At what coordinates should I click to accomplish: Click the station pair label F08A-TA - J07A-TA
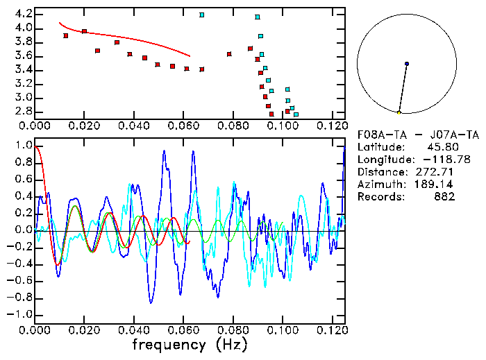[x=418, y=135]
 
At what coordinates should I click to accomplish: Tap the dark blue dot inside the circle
[x=407, y=64]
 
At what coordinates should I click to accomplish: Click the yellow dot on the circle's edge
[x=399, y=112]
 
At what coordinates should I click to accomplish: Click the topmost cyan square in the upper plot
[x=202, y=15]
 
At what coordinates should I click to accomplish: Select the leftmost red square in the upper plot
[x=66, y=35]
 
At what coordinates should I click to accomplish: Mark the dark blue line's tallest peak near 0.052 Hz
[x=165, y=151]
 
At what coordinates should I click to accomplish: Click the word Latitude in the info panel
[x=380, y=148]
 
